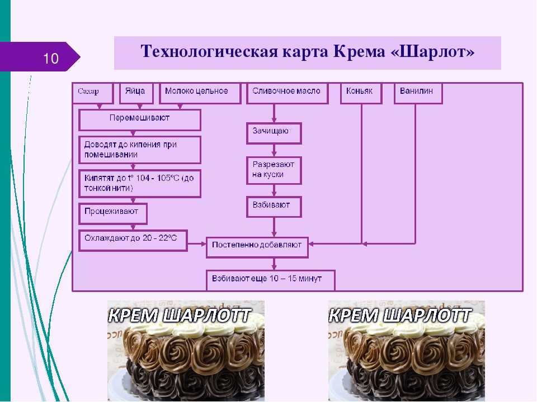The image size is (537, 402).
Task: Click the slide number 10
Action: point(51,58)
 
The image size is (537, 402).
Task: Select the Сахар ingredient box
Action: point(92,93)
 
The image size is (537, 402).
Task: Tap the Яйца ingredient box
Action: point(136,93)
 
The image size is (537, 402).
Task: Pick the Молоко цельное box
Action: point(200,93)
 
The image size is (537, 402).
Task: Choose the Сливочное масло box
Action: point(288,93)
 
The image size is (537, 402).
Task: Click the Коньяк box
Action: point(361,93)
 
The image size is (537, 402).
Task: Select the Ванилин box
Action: point(418,93)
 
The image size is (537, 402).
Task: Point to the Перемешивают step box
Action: point(140,120)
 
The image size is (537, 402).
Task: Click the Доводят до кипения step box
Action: point(140,150)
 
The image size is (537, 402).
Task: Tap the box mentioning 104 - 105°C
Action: point(140,183)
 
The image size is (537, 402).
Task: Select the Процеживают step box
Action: point(113,214)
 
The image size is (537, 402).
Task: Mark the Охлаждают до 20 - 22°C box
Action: point(133,241)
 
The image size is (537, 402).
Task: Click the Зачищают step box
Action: point(274,133)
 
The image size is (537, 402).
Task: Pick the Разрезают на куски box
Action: point(274,170)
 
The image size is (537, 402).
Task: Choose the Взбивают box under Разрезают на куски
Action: point(274,207)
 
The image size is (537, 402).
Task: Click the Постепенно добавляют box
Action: point(257,247)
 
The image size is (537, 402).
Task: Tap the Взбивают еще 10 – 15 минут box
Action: point(271,280)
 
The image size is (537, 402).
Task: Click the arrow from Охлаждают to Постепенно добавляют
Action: point(197,244)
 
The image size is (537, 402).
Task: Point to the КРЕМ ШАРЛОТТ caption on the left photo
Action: point(180,315)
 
